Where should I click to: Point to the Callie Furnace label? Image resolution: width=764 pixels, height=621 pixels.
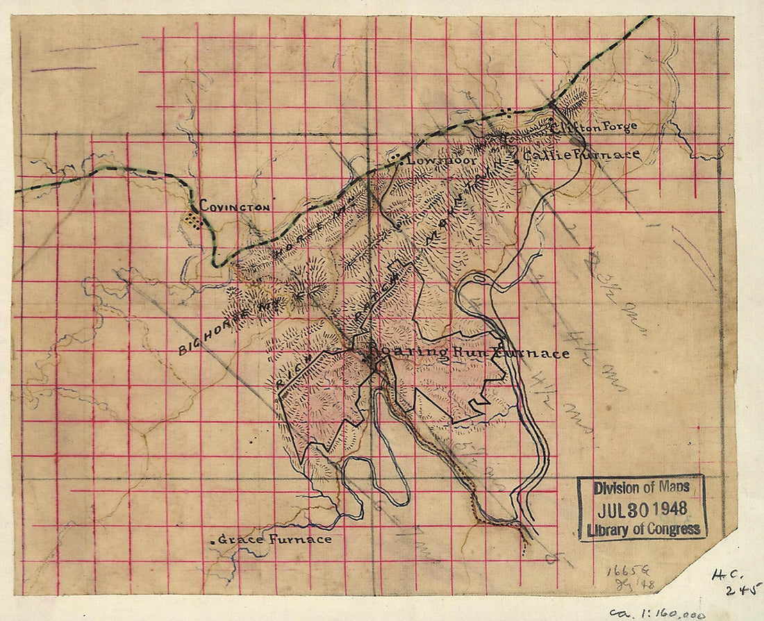[x=581, y=156]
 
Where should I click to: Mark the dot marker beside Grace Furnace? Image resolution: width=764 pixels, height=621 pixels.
[x=213, y=540]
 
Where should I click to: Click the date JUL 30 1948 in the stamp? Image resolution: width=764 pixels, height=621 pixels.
[x=641, y=508]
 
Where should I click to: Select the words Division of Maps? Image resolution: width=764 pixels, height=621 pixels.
[x=641, y=488]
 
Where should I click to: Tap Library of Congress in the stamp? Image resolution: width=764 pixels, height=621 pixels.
[x=641, y=529]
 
